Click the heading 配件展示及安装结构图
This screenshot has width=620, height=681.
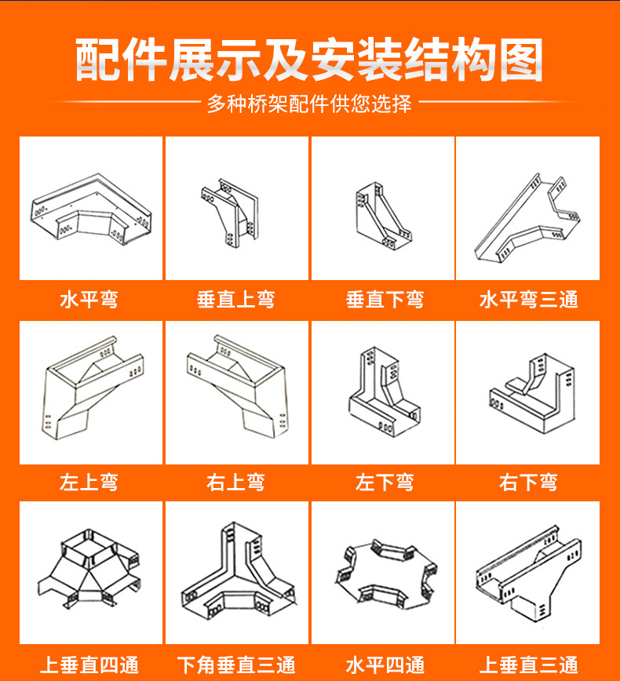tap(309, 60)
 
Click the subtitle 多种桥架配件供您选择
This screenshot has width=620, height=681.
tap(309, 104)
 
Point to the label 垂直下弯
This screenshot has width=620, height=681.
tap(385, 299)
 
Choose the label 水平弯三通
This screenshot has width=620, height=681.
tap(528, 299)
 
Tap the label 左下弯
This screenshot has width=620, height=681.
tap(385, 482)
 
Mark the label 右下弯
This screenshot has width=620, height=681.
tap(528, 482)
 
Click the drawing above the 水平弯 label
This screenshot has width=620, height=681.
tap(90, 209)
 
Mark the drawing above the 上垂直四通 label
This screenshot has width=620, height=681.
tap(90, 573)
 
